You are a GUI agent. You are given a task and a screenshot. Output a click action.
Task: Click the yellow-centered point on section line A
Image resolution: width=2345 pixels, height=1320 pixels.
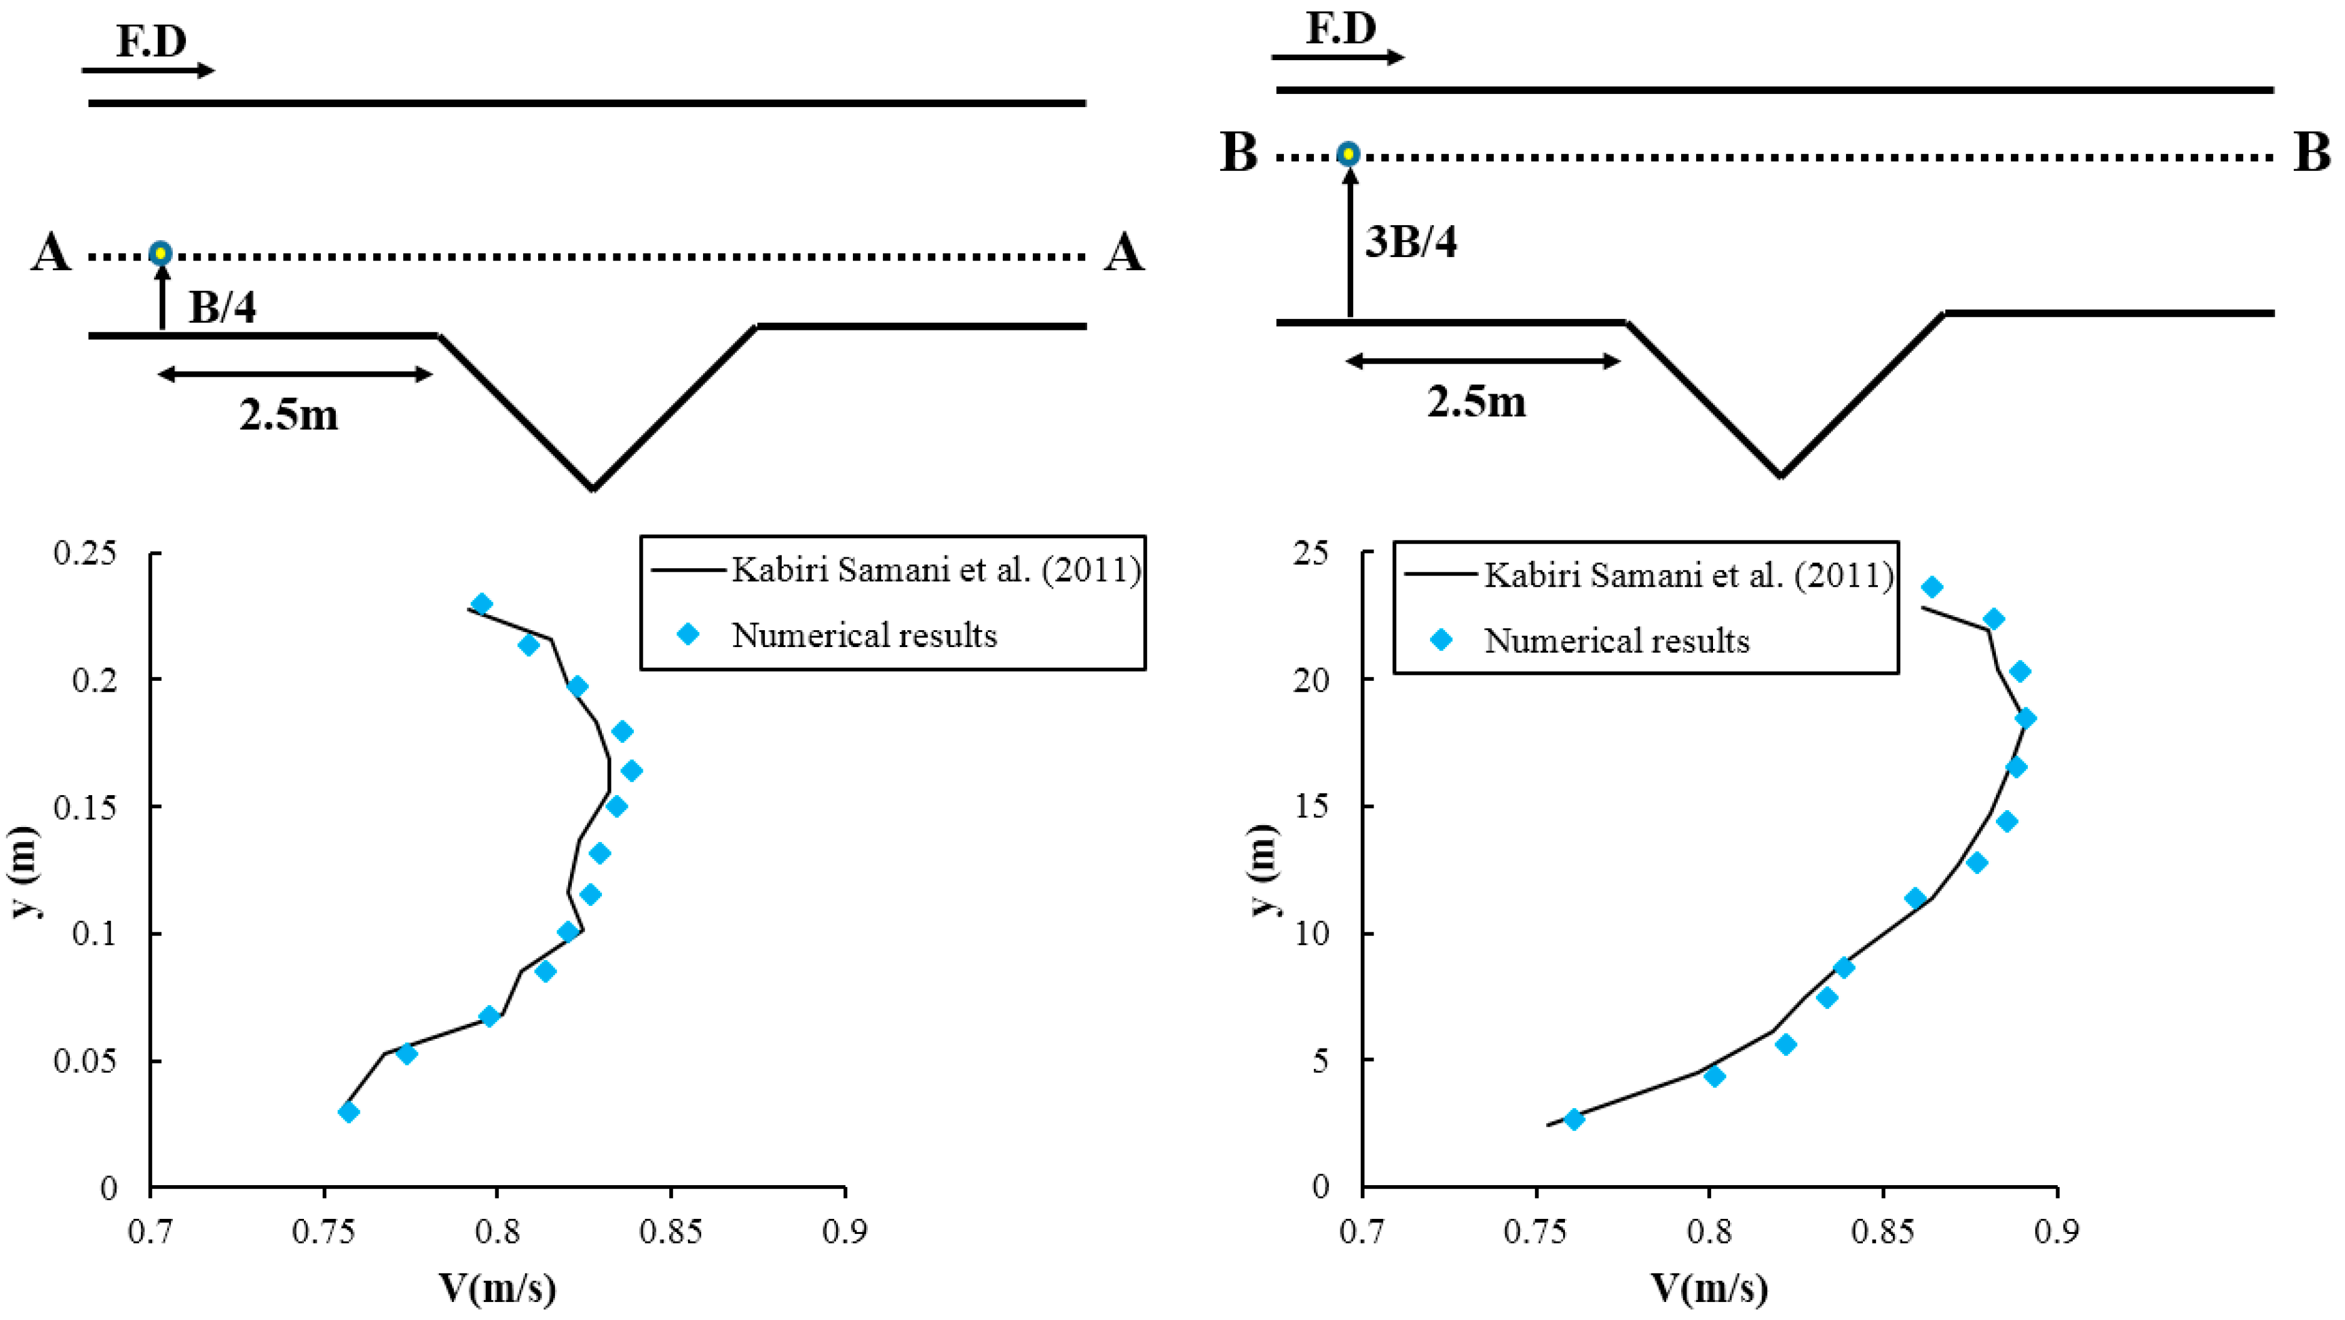pyautogui.click(x=160, y=253)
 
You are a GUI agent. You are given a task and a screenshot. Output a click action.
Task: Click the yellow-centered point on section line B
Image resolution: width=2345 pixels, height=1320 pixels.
pyautogui.click(x=1348, y=154)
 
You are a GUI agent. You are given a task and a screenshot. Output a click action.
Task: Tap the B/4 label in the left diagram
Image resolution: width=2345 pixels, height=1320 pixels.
pyautogui.click(x=222, y=308)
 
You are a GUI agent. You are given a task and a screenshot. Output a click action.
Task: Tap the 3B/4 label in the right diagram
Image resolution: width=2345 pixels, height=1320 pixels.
pyautogui.click(x=1410, y=242)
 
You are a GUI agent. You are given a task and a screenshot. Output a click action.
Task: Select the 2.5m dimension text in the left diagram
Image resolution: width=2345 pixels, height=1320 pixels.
pyautogui.click(x=288, y=415)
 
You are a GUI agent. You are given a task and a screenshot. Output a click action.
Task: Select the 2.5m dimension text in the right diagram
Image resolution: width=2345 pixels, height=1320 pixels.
pyautogui.click(x=1476, y=401)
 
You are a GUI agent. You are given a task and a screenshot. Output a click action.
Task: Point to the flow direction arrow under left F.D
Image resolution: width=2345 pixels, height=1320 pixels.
pyautogui.click(x=149, y=70)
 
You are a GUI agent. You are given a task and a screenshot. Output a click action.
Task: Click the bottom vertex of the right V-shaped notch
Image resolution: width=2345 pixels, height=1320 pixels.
pyautogui.click(x=1780, y=474)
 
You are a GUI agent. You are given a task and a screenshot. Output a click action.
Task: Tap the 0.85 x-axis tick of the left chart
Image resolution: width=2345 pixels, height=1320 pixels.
pyautogui.click(x=670, y=1232)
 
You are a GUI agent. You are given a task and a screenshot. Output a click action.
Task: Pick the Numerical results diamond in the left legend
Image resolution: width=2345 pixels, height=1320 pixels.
pyautogui.click(x=689, y=634)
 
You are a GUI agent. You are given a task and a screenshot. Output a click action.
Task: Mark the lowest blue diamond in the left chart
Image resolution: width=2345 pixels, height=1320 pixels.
pyautogui.click(x=348, y=1112)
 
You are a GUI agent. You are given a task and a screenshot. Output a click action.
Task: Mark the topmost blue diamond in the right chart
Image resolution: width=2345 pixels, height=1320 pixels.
pyautogui.click(x=1931, y=587)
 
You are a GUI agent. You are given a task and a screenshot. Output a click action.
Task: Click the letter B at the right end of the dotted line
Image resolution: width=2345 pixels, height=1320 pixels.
pyautogui.click(x=2311, y=153)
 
